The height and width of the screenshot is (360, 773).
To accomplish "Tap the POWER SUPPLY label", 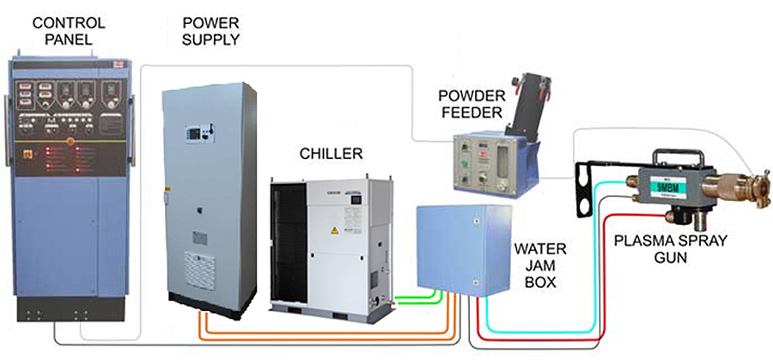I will pos(211,29).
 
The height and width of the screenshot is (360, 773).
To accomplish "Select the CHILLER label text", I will pos(331,154).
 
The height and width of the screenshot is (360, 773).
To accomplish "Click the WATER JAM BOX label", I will pos(540,264).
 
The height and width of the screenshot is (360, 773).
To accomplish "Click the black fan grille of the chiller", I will pos(289,245).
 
